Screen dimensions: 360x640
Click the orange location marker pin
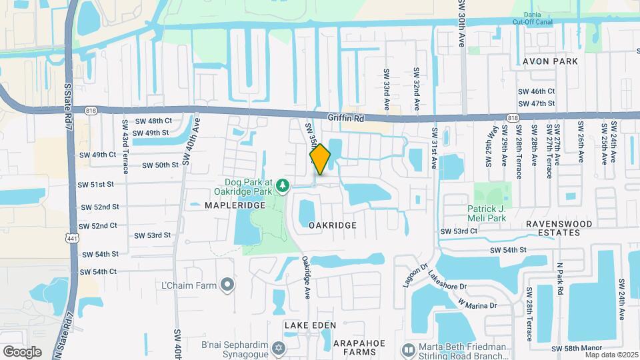pos(320,159)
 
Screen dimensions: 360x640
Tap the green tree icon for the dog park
pos(282,184)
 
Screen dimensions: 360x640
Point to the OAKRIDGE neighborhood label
pos(333,225)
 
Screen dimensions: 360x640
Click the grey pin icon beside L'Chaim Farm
pos(227,285)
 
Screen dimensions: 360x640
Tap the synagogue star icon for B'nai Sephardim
pos(279,349)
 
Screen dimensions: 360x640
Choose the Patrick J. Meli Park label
pos(492,213)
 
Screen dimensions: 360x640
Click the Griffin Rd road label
pos(346,118)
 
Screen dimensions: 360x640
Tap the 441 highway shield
pos(72,237)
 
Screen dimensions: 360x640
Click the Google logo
pos(22,351)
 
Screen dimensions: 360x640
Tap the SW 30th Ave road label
pos(460,23)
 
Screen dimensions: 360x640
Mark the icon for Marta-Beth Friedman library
pos(408,349)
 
